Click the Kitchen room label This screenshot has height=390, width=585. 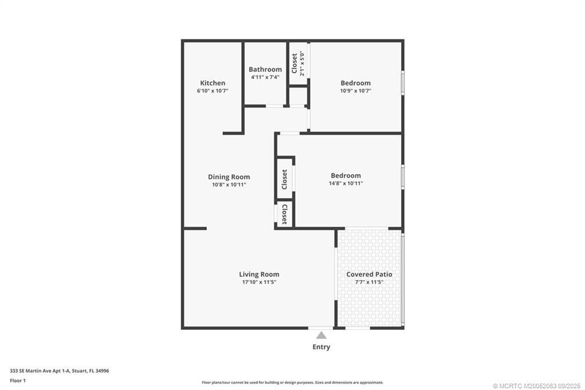click(213, 83)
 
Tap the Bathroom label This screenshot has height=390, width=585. click(265, 69)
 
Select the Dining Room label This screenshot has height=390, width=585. click(229, 177)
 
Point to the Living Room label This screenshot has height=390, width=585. click(259, 274)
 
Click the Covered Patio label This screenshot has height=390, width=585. click(369, 274)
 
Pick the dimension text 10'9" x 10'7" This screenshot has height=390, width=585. click(355, 90)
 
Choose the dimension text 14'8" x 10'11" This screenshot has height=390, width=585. click(346, 184)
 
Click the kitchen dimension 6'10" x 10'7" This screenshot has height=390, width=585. click(213, 90)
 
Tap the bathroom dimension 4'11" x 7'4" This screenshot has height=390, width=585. click(265, 77)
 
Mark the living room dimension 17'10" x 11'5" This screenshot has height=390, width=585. click(259, 282)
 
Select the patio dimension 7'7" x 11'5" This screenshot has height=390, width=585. click(369, 282)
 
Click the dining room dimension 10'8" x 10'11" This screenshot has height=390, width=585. click(229, 185)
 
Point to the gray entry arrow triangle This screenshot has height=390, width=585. click(321, 336)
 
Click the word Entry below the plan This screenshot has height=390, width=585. click(321, 347)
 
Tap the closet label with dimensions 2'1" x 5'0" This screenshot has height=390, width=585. click(298, 63)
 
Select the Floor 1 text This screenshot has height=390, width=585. click(18, 380)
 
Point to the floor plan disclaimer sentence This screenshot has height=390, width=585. click(292, 383)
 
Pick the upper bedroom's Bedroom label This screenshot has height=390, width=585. click(355, 83)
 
